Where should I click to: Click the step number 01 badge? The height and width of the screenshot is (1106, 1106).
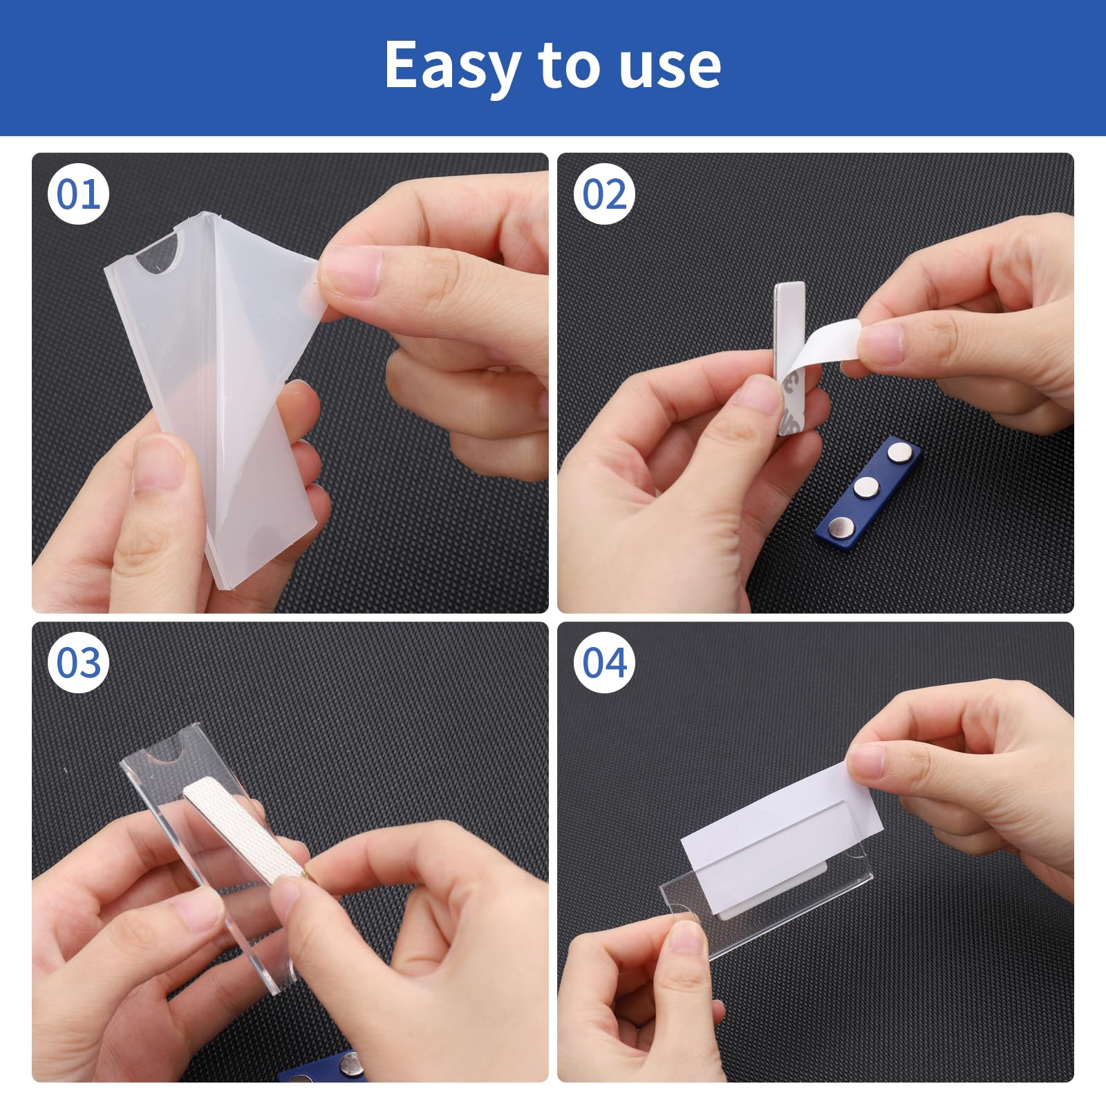78,194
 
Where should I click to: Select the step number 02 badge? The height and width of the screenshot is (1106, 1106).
604,194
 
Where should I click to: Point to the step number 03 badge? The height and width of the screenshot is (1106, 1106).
78,663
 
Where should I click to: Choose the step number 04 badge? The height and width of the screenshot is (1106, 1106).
604,663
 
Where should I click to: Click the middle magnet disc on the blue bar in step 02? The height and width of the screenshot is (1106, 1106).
865,487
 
